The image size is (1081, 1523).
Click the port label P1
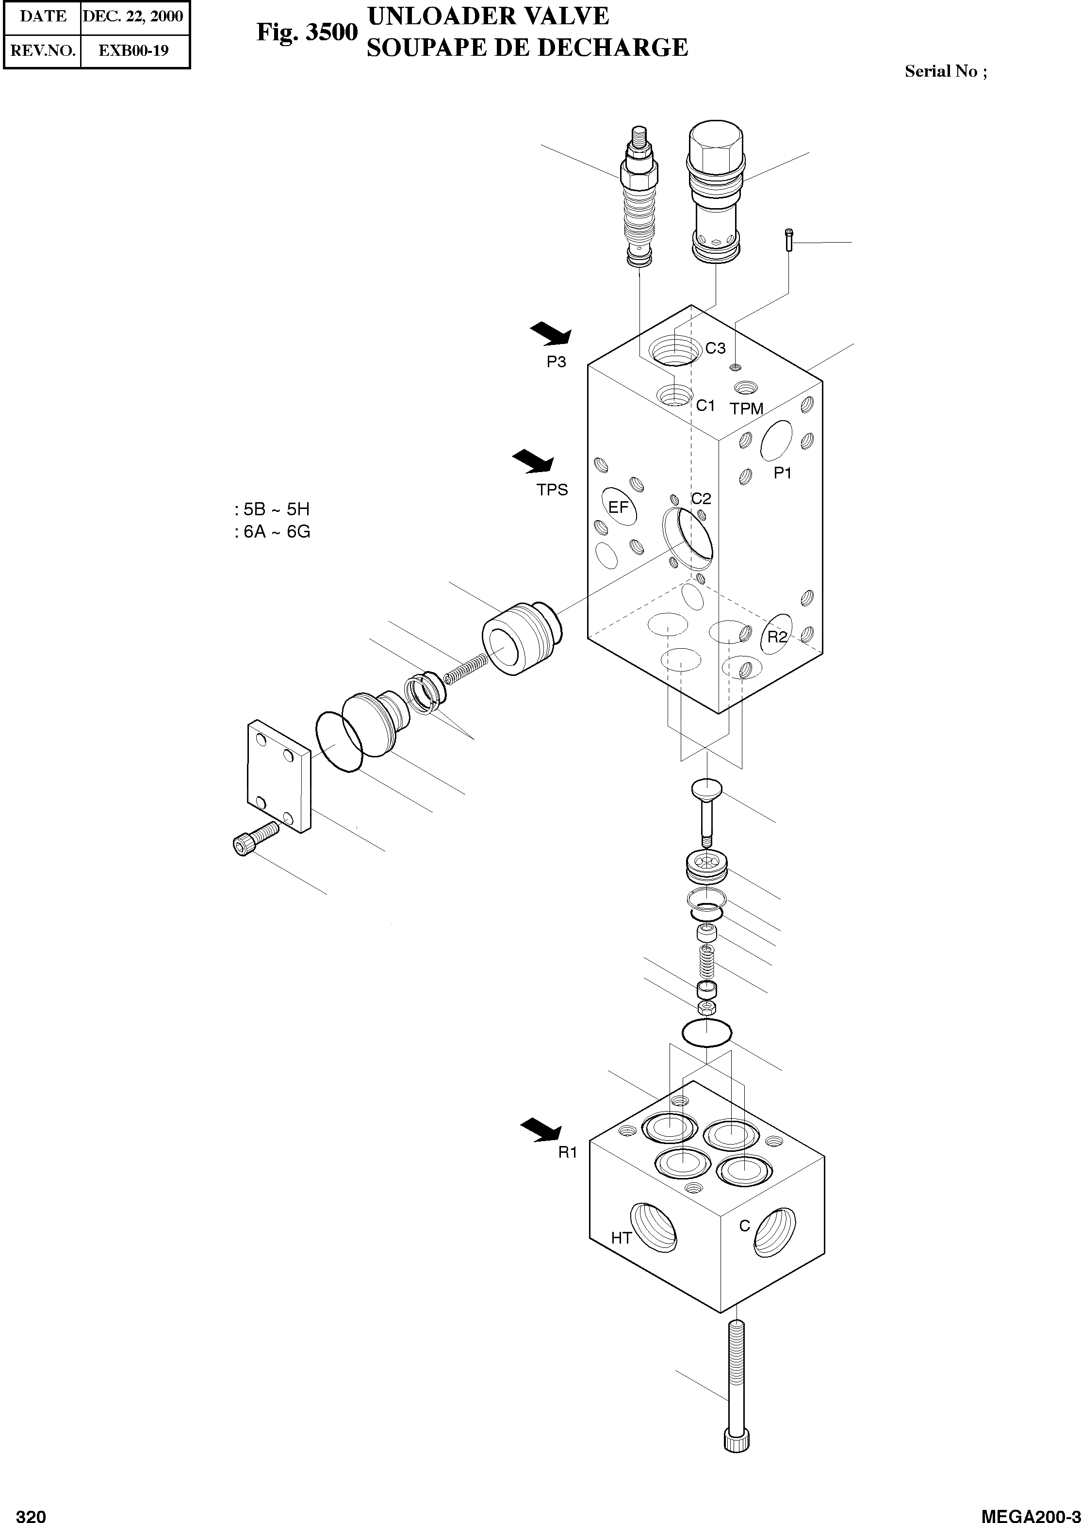point(782,473)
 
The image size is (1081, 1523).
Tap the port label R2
point(777,637)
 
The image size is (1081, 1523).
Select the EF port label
point(619,507)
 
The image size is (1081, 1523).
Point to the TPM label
point(746,409)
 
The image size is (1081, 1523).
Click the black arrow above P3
point(551,333)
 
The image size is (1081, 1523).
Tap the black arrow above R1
point(540,1130)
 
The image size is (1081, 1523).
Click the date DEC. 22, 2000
point(133,16)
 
